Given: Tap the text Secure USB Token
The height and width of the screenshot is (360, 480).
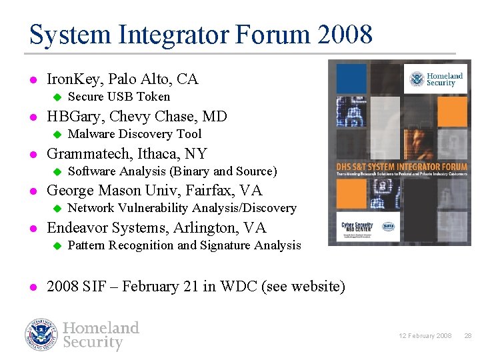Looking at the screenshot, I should [x=119, y=97].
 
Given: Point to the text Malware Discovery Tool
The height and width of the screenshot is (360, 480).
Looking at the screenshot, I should [x=135, y=134].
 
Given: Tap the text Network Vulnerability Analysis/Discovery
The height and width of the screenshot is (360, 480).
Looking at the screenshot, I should [x=182, y=208].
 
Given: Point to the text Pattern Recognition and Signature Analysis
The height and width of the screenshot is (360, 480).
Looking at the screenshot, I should [x=185, y=245].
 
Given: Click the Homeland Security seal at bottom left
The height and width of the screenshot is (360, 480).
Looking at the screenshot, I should [x=41, y=335].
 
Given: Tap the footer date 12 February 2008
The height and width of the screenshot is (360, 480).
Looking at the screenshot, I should [x=426, y=336].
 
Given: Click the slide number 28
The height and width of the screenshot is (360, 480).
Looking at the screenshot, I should [x=467, y=336].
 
